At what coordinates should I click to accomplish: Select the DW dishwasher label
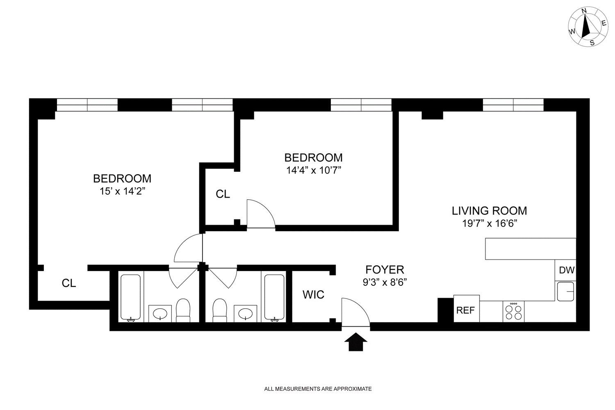[x=566, y=270]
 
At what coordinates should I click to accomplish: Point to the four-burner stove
[x=513, y=312]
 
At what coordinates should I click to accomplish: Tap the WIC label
[x=314, y=294]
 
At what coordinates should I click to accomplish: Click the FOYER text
[x=385, y=269]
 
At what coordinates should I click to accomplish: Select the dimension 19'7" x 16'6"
[x=489, y=223]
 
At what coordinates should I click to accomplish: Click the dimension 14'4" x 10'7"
[x=314, y=170]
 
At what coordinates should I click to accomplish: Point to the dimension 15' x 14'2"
[x=122, y=191]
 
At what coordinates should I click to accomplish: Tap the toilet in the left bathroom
[x=183, y=310]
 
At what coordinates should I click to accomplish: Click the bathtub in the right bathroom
[x=274, y=297]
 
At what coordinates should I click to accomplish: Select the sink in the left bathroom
[x=160, y=314]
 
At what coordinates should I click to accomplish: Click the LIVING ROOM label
[x=489, y=211]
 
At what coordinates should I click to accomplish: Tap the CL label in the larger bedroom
[x=69, y=283]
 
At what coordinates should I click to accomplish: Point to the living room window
[x=513, y=105]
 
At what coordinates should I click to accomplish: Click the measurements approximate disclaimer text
[x=318, y=389]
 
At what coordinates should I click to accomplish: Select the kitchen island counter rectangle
[x=531, y=248]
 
